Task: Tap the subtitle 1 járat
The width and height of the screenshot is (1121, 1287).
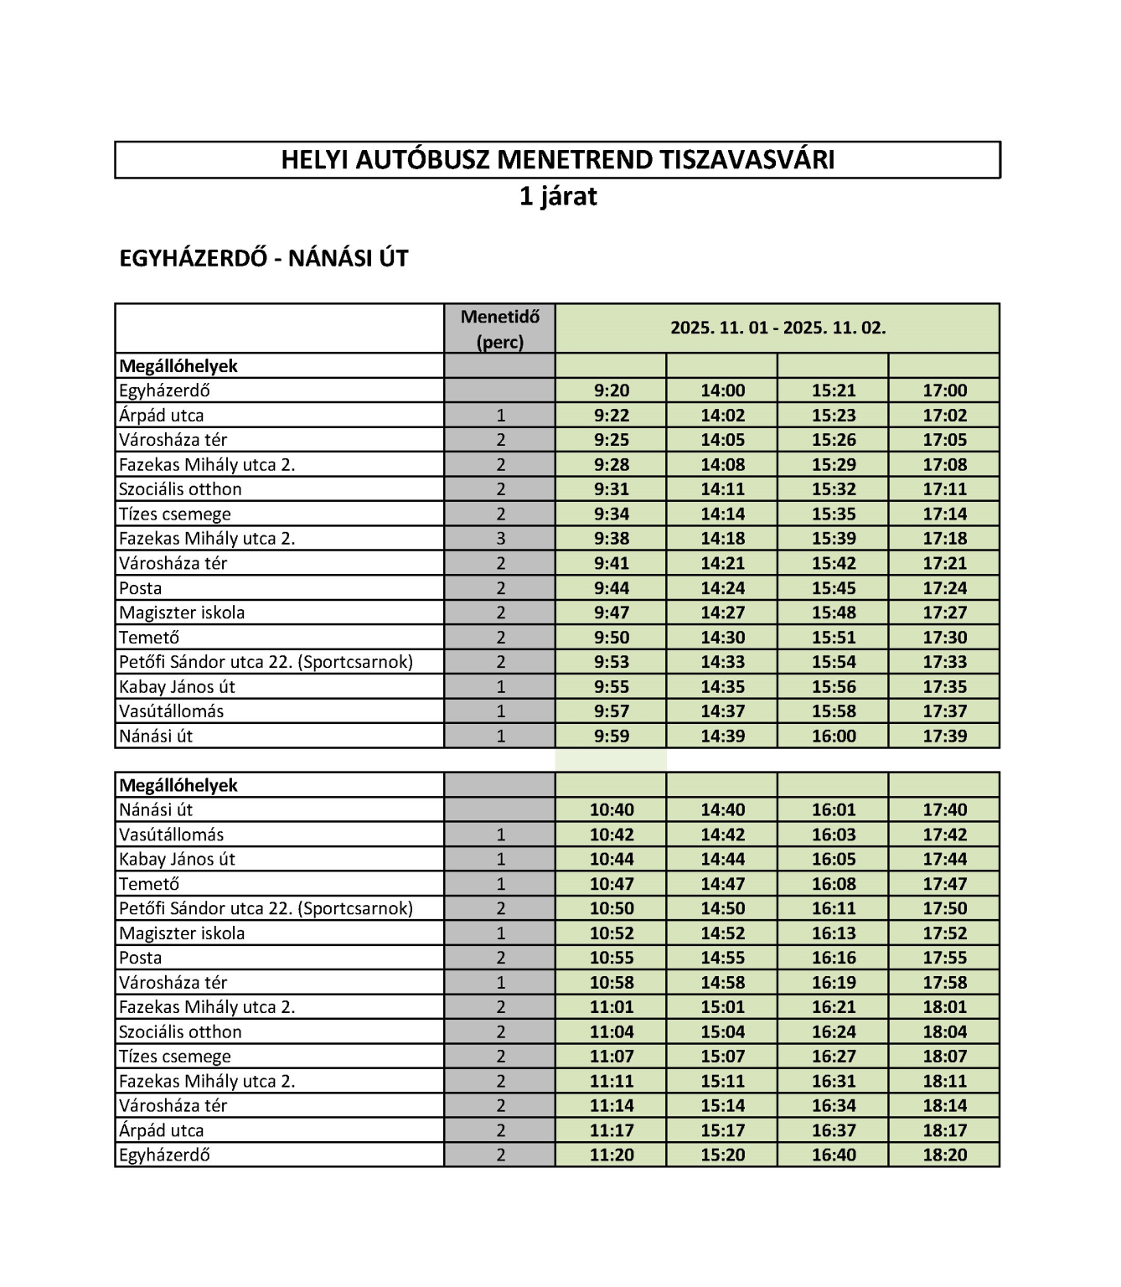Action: tap(558, 196)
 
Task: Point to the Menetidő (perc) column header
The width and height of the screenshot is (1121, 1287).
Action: tap(500, 328)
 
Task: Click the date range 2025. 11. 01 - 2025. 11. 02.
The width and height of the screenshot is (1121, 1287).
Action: tap(777, 328)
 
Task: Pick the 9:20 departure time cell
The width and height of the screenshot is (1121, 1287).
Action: tap(612, 390)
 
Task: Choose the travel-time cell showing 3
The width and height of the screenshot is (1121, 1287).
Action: tap(501, 539)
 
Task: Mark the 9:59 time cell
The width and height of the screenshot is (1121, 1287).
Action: tap(612, 737)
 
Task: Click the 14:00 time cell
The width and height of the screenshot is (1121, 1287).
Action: tap(722, 390)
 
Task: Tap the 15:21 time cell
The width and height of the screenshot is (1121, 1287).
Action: tap(834, 390)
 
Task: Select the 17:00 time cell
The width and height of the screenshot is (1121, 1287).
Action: tap(944, 390)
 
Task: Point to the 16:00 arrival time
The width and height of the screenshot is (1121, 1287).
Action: tap(834, 737)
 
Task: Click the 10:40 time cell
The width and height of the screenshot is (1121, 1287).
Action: tap(612, 810)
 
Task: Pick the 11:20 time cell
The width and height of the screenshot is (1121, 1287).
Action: tap(612, 1155)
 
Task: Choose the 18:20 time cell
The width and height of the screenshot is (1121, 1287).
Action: tap(944, 1155)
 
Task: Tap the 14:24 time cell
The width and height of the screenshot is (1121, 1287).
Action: tap(722, 588)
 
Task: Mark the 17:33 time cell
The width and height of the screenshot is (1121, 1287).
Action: tap(944, 662)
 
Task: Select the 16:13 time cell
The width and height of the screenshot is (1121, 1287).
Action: tap(834, 933)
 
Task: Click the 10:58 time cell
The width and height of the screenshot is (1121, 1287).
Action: tap(612, 983)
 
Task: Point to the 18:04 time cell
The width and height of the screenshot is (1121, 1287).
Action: tap(944, 1032)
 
